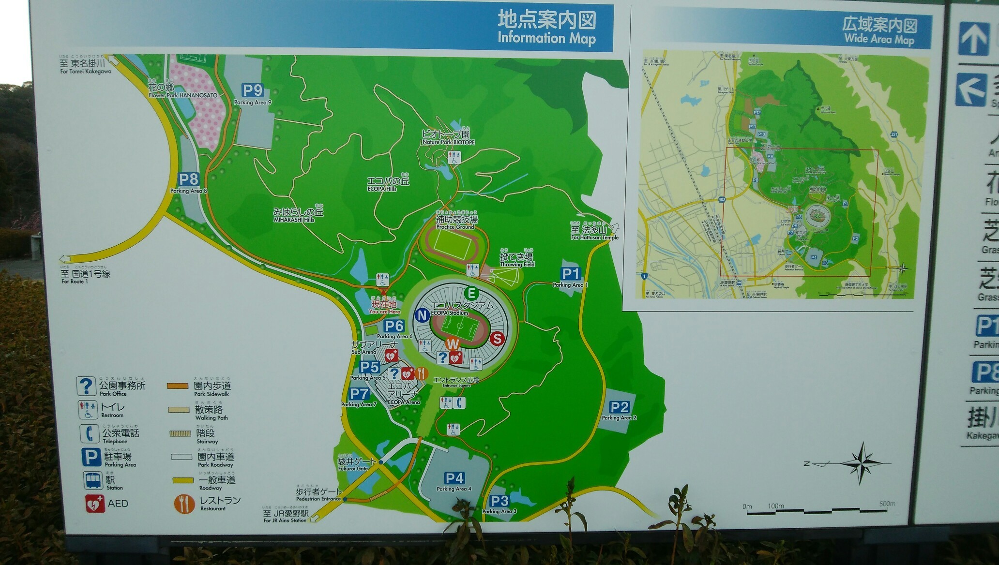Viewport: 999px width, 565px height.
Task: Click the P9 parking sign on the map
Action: [x=253, y=90]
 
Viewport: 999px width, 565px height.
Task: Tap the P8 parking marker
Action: [x=188, y=179]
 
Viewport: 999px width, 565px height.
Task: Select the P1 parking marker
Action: [x=570, y=274]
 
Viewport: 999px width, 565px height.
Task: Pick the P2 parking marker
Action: [x=619, y=407]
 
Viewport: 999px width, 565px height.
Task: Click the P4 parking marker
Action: [x=454, y=478]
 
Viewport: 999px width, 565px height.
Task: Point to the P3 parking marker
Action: [x=499, y=501]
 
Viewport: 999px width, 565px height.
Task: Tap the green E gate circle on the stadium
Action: [x=471, y=293]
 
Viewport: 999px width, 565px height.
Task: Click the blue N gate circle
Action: [x=422, y=316]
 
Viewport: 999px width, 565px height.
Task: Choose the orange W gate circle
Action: [x=453, y=344]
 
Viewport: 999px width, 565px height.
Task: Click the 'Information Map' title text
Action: [x=546, y=38]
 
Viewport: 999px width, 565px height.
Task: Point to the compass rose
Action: [x=864, y=462]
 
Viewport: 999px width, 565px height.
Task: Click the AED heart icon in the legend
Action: [x=94, y=504]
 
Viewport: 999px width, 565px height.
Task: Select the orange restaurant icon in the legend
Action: [x=184, y=504]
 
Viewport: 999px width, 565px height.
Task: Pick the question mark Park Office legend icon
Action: [x=86, y=386]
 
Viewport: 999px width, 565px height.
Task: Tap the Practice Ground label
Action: [x=455, y=226]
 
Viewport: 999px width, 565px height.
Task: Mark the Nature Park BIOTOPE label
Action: [x=448, y=142]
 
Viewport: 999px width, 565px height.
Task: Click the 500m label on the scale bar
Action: [x=887, y=504]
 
